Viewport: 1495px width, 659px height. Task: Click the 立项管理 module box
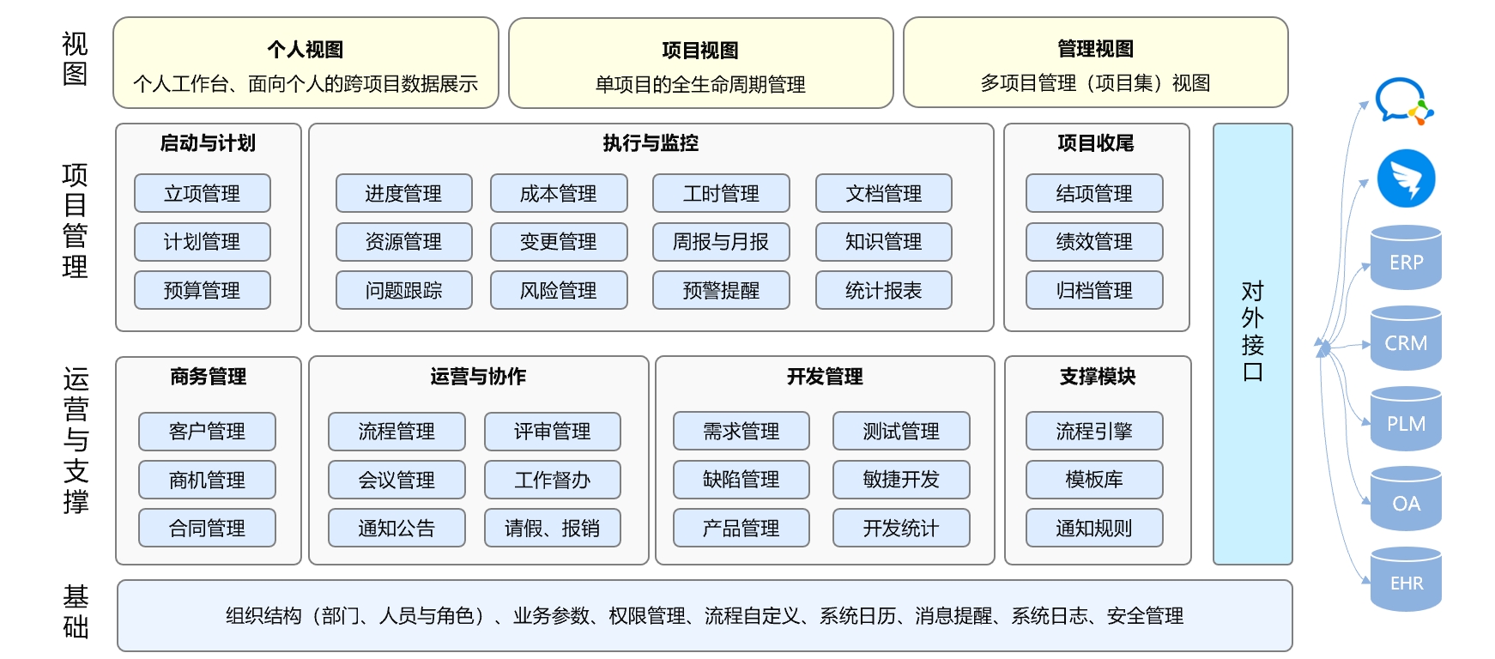pyautogui.click(x=202, y=193)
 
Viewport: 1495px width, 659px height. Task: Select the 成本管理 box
pyautogui.click(x=558, y=193)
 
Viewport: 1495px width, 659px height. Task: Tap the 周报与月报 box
pyautogui.click(x=721, y=242)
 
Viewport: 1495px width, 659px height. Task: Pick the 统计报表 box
pyautogui.click(x=883, y=290)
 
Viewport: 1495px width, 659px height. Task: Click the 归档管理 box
pyautogui.click(x=1094, y=290)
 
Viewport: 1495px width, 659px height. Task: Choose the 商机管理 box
pyautogui.click(x=207, y=480)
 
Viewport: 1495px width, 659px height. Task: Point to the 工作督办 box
pyautogui.click(x=552, y=480)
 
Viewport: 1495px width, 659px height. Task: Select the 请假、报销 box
pyautogui.click(x=552, y=528)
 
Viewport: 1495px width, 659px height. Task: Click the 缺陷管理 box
pyautogui.click(x=741, y=480)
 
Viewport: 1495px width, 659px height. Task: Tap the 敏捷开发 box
pyautogui.click(x=901, y=480)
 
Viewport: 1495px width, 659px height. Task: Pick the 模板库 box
pyautogui.click(x=1094, y=480)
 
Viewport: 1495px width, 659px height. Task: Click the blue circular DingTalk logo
pyautogui.click(x=1406, y=178)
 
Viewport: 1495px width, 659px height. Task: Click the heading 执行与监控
pyautogui.click(x=651, y=143)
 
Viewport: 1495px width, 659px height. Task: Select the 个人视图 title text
pyautogui.click(x=306, y=50)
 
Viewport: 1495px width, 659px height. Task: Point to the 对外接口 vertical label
pyautogui.click(x=1252, y=331)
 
